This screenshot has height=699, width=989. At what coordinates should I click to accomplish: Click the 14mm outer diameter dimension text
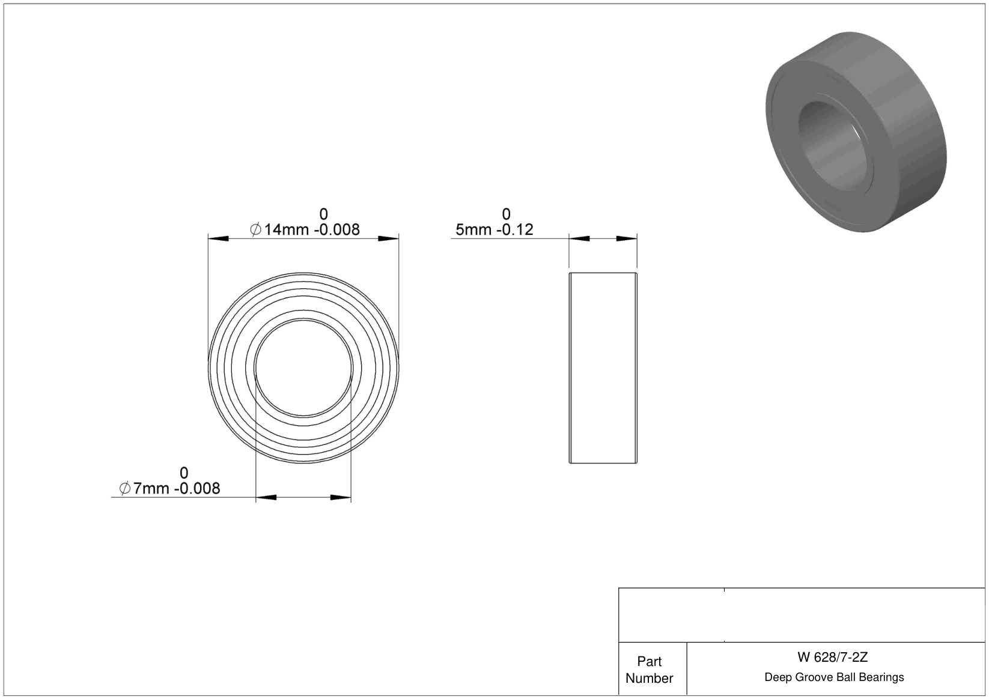click(x=305, y=229)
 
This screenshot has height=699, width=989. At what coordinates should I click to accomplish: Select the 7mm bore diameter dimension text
click(x=169, y=488)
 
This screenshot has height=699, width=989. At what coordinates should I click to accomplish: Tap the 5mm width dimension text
click(x=494, y=229)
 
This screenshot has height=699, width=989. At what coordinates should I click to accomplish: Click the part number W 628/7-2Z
click(x=833, y=657)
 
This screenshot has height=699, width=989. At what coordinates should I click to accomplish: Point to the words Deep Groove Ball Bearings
click(x=834, y=677)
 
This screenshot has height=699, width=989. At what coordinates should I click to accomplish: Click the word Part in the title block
click(x=649, y=662)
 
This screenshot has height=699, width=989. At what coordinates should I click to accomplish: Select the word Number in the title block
click(x=649, y=678)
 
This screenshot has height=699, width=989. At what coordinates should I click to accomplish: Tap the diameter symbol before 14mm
click(x=255, y=229)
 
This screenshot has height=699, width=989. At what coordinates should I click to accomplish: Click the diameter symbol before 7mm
click(x=125, y=488)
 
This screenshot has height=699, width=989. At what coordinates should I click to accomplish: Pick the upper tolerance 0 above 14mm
click(x=324, y=214)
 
